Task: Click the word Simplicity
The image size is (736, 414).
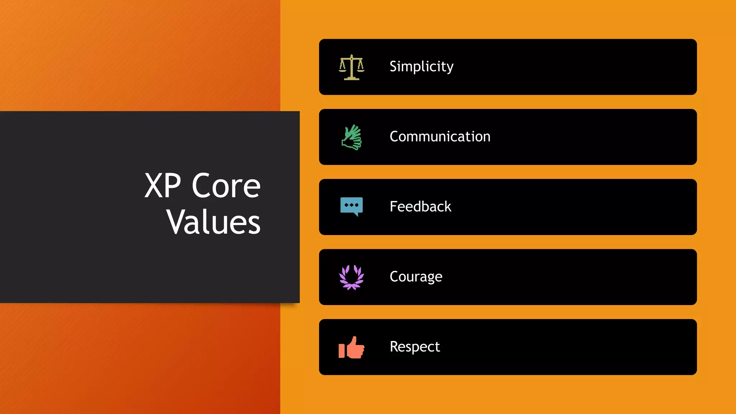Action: [x=421, y=66]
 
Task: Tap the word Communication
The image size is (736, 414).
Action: [x=440, y=137]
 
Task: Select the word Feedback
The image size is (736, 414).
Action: [x=420, y=207]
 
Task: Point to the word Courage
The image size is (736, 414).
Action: [x=416, y=277]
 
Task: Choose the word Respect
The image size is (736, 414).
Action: [x=415, y=347]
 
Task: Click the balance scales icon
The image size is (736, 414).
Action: [x=351, y=67]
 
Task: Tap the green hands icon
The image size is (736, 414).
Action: [x=351, y=137]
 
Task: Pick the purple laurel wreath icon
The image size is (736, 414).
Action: [x=351, y=277]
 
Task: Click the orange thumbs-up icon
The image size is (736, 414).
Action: [x=351, y=348]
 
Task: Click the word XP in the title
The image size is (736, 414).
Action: [x=162, y=186]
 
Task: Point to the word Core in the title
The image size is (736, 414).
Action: [x=226, y=186]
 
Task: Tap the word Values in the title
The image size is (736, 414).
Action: [x=213, y=222]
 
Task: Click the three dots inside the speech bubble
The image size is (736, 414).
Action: [x=351, y=205]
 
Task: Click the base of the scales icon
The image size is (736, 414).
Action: [x=351, y=78]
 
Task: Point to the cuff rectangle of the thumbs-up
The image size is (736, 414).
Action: [x=341, y=350]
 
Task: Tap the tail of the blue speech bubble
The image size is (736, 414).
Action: [x=356, y=215]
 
